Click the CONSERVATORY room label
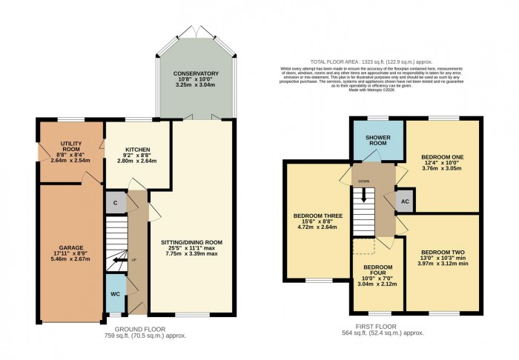coord(196,73)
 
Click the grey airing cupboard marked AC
coord(405,201)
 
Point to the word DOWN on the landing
coord(363,180)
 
